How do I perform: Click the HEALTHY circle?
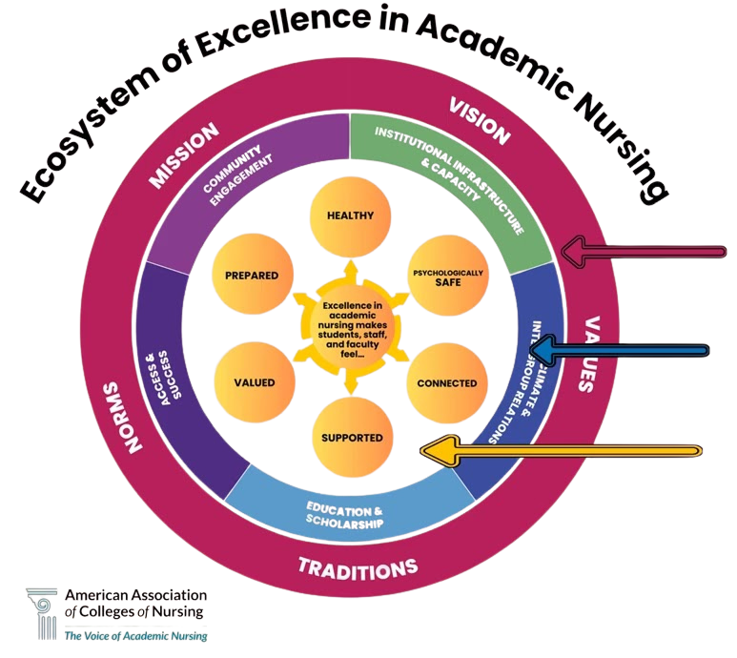pos(349,216)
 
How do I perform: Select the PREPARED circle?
pos(252,276)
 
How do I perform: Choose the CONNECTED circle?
pos(447,383)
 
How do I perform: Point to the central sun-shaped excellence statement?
pos(349,329)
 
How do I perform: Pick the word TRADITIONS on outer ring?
pos(358,569)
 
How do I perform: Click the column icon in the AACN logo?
pos(43,613)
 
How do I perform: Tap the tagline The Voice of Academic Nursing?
pos(134,635)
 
